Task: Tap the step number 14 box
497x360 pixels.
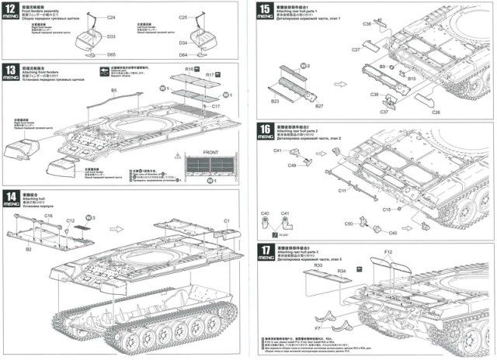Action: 11,197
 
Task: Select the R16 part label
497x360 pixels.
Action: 189,69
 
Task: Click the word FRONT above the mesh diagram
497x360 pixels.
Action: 210,152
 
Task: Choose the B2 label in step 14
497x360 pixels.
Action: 29,249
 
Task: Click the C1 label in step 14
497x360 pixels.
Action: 228,222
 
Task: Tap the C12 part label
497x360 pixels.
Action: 70,221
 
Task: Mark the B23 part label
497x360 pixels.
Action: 275,102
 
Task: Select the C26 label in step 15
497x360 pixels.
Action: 436,112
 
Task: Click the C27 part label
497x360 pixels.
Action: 356,49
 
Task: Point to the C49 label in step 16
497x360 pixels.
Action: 293,165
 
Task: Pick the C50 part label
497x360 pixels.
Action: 349,223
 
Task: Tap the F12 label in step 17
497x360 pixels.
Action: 388,253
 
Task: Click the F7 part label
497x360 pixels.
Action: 318,318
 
